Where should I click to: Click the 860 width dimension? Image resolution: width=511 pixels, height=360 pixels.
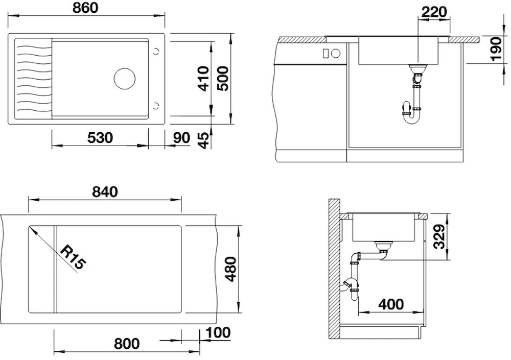coord(85,8)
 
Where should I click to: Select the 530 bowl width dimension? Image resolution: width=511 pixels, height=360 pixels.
coord(100,138)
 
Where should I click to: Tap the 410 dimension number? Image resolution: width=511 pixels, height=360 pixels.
coord(204,79)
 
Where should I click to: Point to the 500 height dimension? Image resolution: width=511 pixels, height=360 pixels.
coord(223,79)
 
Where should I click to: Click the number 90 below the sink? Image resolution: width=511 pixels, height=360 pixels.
coord(181,138)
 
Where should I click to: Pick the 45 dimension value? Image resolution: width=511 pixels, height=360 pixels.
coord(204,140)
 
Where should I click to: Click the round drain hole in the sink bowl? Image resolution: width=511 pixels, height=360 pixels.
coord(125,79)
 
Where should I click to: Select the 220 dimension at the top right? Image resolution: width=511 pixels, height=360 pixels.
coord(434,12)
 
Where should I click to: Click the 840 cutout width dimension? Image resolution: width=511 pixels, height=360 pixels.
coord(105,192)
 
